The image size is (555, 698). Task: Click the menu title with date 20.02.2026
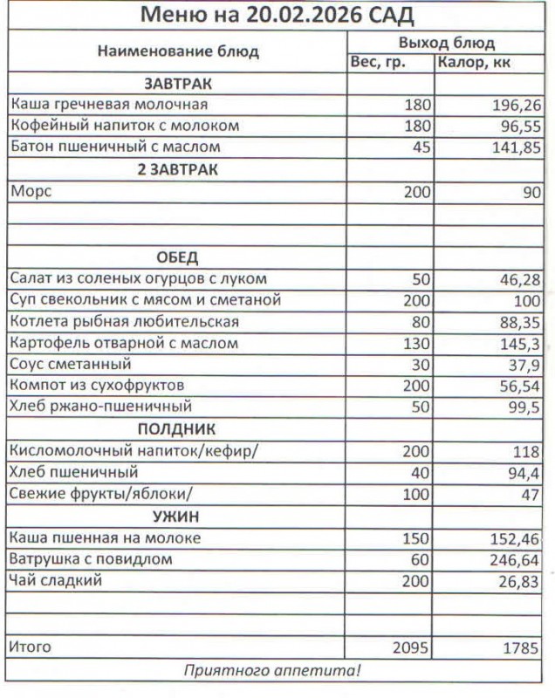pos(277,16)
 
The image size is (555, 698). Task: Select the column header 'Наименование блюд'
pos(178,51)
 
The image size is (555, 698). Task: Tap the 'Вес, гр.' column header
pos(378,62)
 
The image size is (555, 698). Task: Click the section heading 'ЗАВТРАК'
pos(178,84)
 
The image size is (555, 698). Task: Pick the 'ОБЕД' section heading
pos(177,258)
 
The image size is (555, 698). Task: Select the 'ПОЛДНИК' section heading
pos(177,429)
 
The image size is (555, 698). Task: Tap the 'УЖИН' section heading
pos(177,516)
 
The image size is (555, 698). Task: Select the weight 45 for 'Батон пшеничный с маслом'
pos(421,148)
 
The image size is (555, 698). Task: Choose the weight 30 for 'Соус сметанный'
pos(421,365)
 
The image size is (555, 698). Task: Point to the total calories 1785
pos(521,648)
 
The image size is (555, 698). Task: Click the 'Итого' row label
pos(31,647)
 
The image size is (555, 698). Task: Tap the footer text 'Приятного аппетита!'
pos(272,671)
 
